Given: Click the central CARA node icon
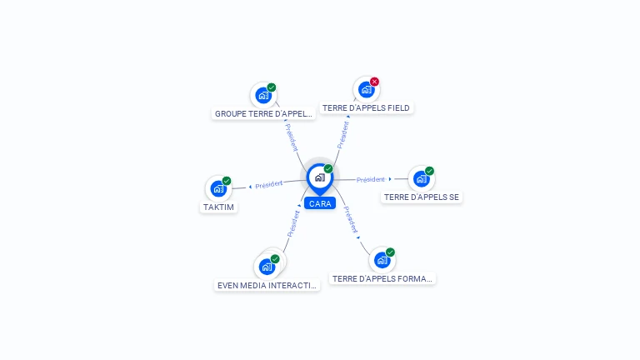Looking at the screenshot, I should pyautogui.click(x=318, y=177).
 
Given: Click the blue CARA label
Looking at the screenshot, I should pyautogui.click(x=319, y=203).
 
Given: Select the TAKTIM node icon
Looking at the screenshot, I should pyautogui.click(x=218, y=189).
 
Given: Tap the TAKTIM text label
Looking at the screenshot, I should pyautogui.click(x=218, y=207).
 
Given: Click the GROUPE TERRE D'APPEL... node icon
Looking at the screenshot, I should pyautogui.click(x=263, y=95).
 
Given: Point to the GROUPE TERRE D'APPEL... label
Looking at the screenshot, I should pyautogui.click(x=263, y=113).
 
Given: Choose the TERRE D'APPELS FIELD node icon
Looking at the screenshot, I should pyautogui.click(x=366, y=89).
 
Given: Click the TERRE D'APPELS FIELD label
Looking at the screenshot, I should pyautogui.click(x=366, y=107).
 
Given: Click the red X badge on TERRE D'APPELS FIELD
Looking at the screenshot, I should pyautogui.click(x=374, y=82).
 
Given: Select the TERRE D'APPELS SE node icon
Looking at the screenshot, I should pyautogui.click(x=421, y=178).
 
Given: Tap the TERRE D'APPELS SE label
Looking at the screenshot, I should pyautogui.click(x=422, y=197).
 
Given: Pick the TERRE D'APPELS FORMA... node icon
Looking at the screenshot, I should pyautogui.click(x=382, y=260).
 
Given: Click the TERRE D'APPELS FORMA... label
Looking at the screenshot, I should pyautogui.click(x=382, y=279).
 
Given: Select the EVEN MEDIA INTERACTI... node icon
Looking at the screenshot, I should pyautogui.click(x=267, y=267).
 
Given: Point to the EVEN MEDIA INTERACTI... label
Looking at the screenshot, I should pyautogui.click(x=267, y=285).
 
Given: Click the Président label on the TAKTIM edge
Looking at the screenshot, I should pyautogui.click(x=268, y=184).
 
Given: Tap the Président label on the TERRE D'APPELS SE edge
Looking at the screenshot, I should pyautogui.click(x=371, y=179).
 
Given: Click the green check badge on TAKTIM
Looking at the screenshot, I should pyautogui.click(x=227, y=181).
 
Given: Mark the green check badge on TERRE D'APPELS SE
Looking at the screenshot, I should pyautogui.click(x=429, y=171).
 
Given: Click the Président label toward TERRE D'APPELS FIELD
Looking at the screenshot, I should pyautogui.click(x=342, y=134).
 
